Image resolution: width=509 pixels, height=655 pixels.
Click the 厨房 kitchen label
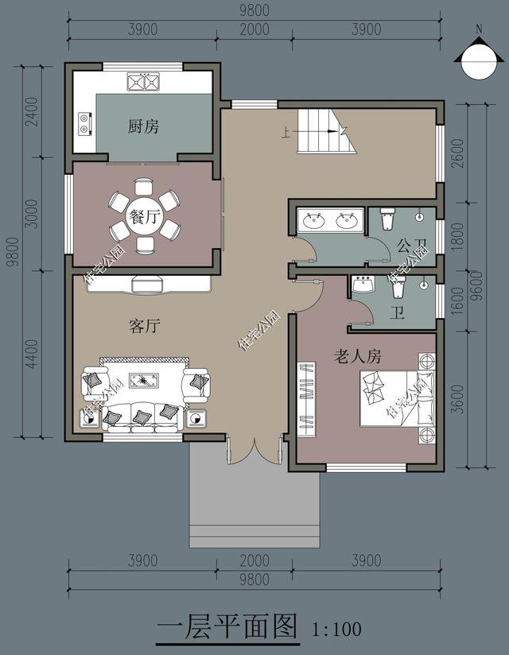click(x=143, y=126)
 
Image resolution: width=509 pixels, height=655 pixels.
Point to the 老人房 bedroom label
click(x=357, y=355)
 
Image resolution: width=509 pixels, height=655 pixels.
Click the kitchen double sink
click(x=144, y=80)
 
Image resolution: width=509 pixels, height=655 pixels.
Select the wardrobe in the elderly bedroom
click(x=307, y=398)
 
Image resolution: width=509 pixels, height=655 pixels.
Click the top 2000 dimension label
click(x=254, y=29)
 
